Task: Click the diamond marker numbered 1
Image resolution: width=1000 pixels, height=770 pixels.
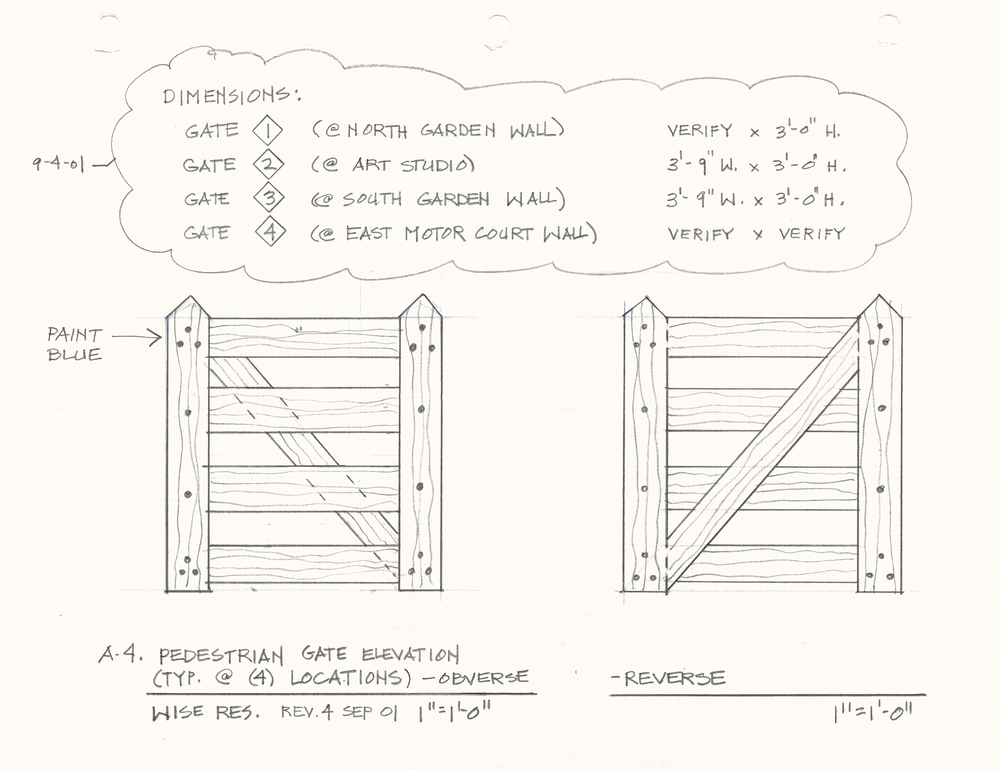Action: coord(267,131)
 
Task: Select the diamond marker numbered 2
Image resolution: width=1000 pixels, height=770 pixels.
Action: coord(268,165)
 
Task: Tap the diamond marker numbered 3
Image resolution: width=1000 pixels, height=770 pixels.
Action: coord(269,199)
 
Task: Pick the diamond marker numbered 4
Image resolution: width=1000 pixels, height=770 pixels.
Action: coord(270,232)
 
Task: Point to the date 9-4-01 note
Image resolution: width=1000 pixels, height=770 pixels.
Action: coord(58,164)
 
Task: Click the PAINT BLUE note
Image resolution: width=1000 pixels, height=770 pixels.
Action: coord(74,344)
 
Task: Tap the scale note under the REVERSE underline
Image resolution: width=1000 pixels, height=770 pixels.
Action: coord(872,714)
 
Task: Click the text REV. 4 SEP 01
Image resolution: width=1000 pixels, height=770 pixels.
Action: coord(339,713)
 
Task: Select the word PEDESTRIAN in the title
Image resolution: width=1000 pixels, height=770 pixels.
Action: coord(221,656)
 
